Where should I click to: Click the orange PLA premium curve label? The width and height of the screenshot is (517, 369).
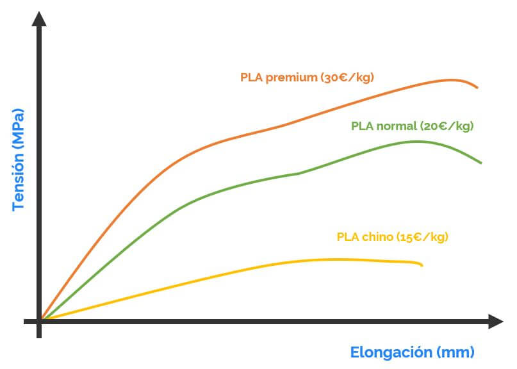(307, 78)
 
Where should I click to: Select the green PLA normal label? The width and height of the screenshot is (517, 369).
(412, 126)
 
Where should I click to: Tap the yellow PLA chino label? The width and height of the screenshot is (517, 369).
(392, 236)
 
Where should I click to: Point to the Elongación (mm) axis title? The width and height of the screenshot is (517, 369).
(412, 352)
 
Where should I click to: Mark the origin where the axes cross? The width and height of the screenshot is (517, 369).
(40, 321)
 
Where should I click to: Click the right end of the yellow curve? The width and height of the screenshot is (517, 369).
(422, 264)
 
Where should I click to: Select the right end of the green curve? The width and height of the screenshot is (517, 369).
(480, 163)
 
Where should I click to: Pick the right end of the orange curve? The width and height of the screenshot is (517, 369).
(477, 87)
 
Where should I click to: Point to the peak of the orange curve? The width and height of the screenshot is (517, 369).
(452, 79)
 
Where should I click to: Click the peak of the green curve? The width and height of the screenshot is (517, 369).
(418, 141)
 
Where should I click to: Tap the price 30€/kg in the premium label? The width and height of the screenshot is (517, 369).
(347, 78)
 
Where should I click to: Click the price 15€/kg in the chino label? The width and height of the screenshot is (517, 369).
(422, 236)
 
